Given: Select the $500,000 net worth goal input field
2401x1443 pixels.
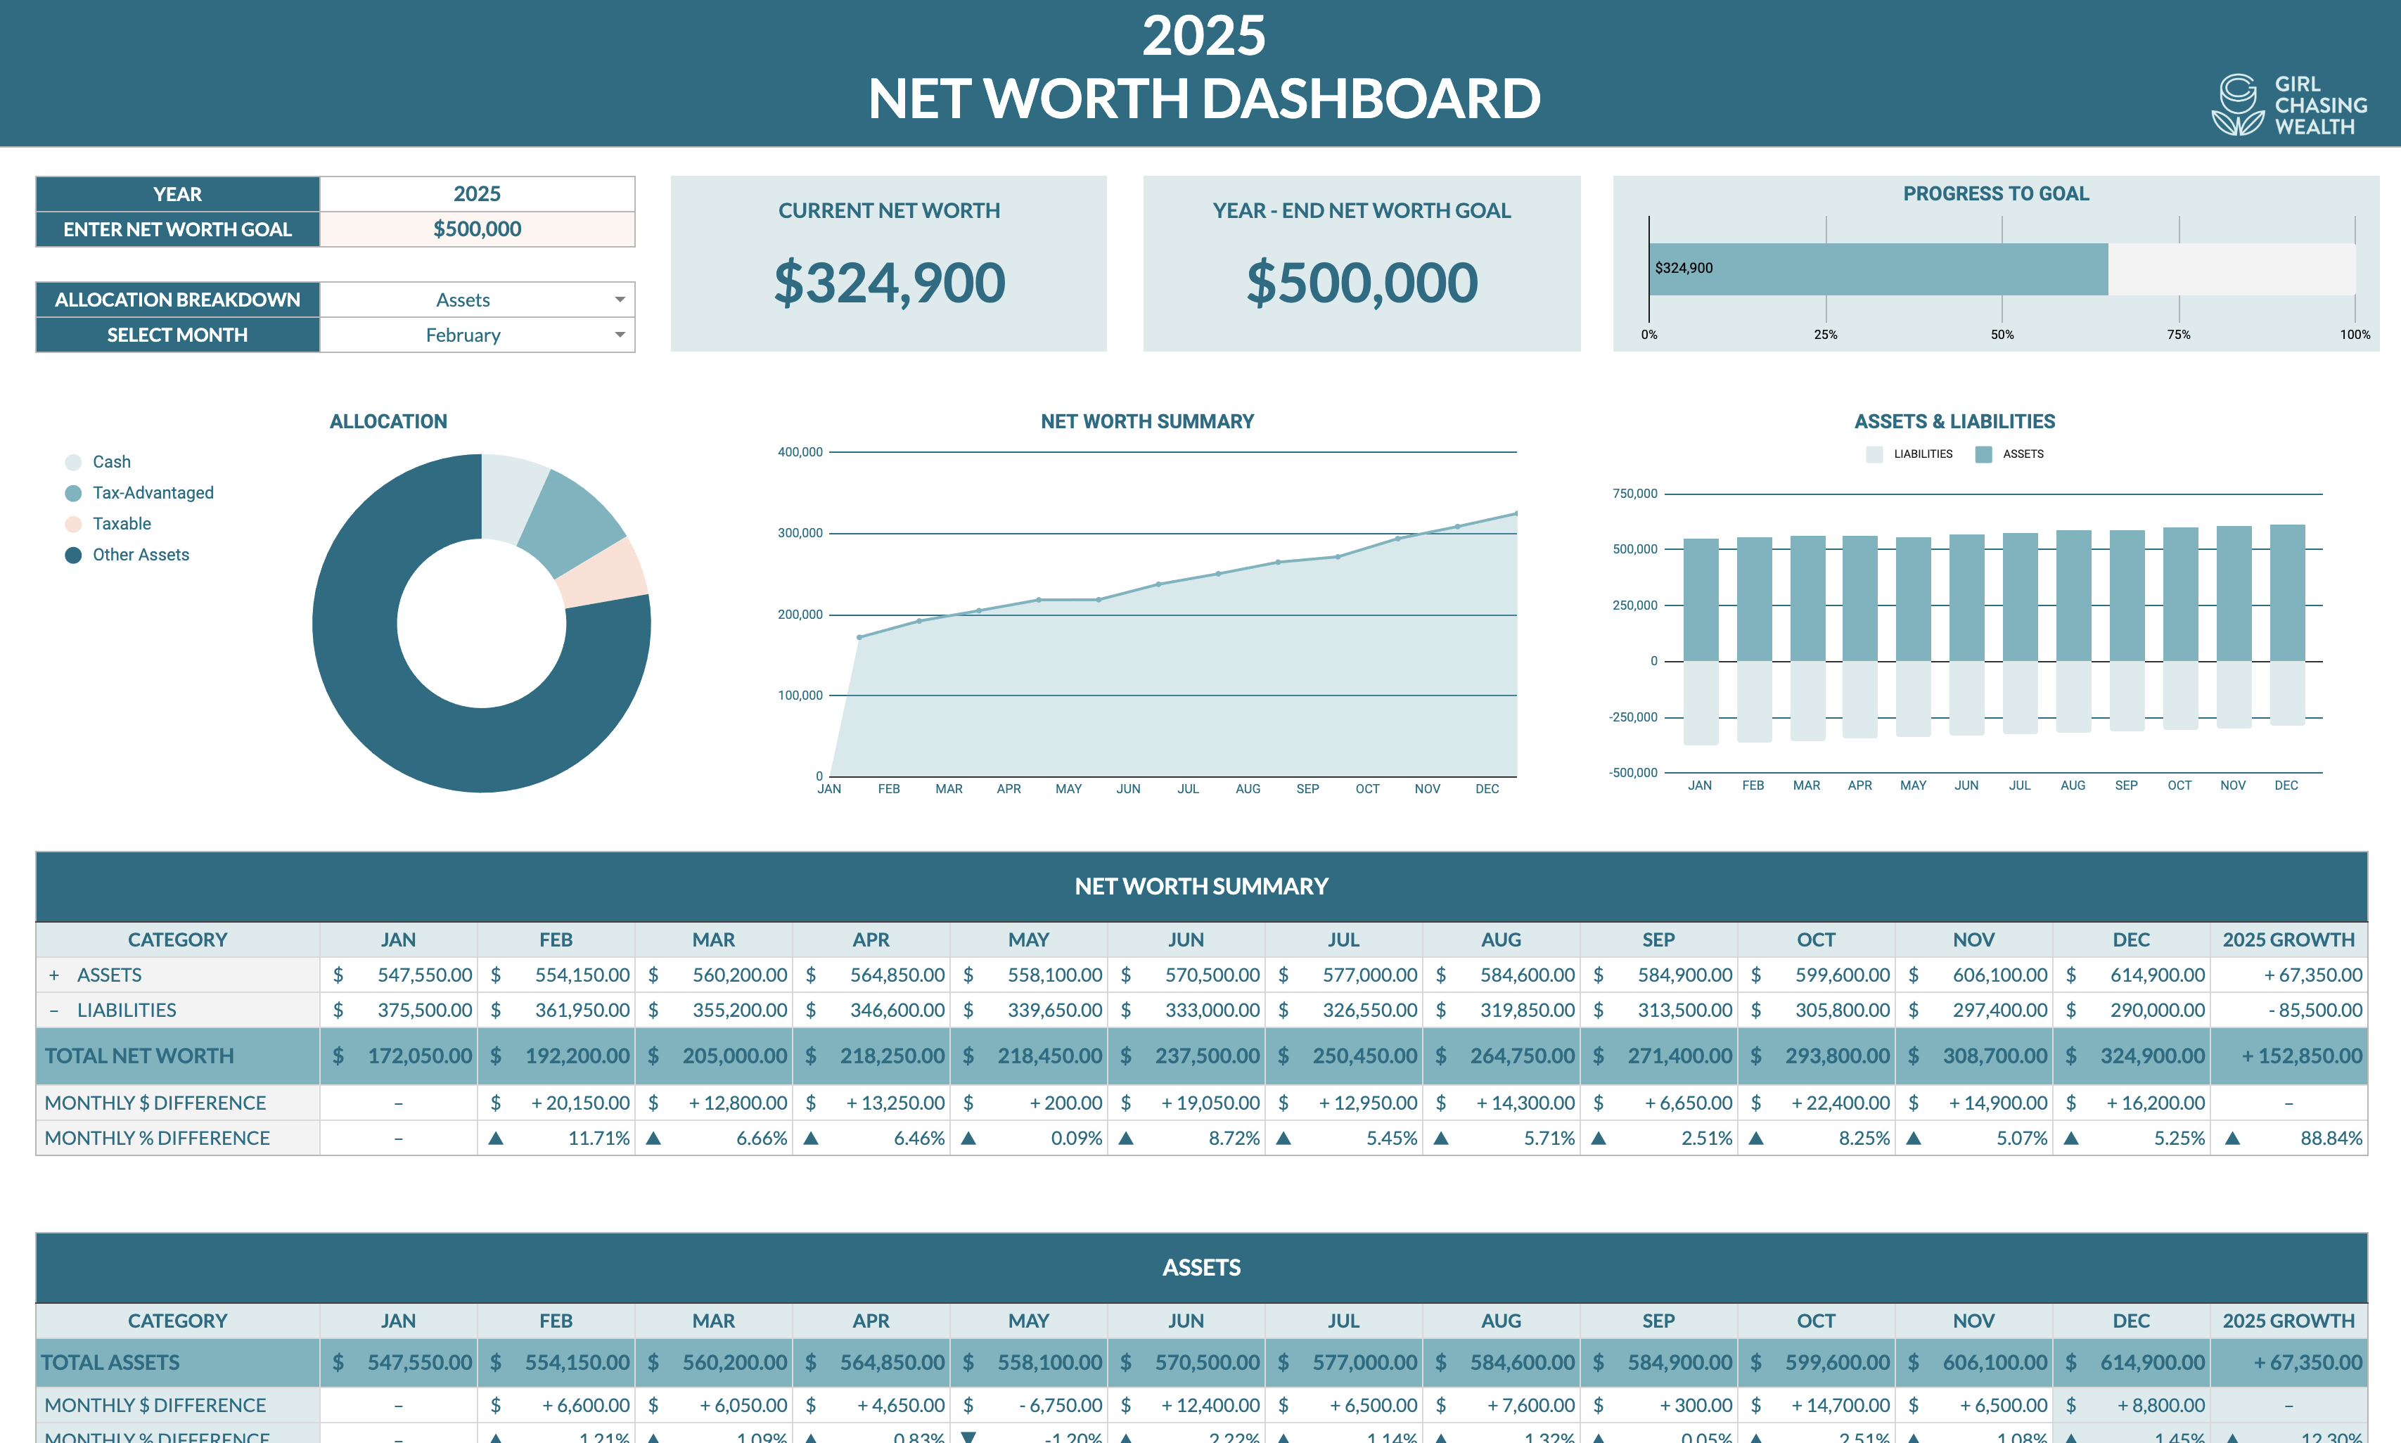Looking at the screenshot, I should tap(477, 229).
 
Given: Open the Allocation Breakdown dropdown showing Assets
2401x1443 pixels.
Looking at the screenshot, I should tap(477, 300).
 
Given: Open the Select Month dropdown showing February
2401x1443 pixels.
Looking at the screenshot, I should tap(477, 335).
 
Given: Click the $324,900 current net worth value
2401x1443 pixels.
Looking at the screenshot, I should tap(889, 283).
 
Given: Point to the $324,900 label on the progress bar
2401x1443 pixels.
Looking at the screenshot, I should tap(1684, 269).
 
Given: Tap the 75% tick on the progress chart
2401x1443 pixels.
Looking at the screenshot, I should tap(2178, 335).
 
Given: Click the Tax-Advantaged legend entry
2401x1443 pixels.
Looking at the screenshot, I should tap(153, 493).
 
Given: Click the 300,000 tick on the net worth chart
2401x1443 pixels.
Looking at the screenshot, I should tap(800, 533).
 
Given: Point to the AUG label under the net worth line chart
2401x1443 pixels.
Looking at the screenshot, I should tap(1248, 788).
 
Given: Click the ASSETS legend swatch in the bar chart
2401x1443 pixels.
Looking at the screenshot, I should tap(1984, 454).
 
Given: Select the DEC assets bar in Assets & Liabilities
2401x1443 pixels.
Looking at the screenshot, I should tap(2286, 593).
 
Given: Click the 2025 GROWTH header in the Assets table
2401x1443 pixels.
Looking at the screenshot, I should tap(2288, 1321).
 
